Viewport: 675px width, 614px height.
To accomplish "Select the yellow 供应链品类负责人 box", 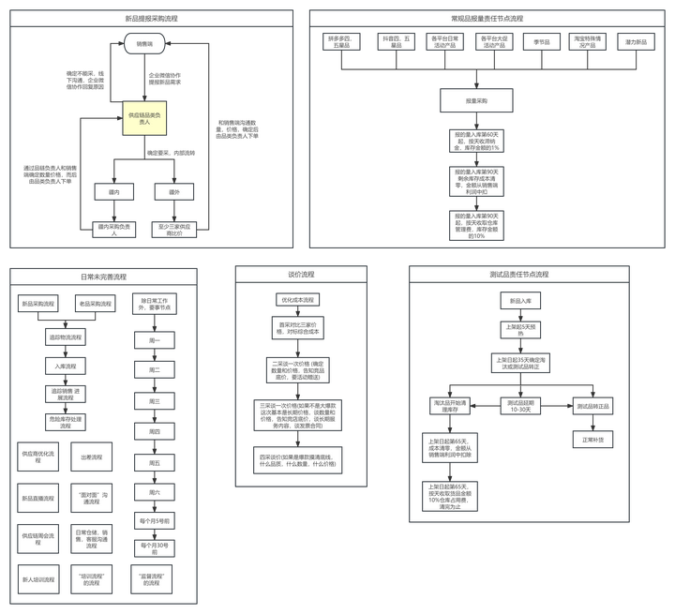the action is pyautogui.click(x=143, y=119).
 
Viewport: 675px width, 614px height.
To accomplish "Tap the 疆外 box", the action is pyautogui.click(x=173, y=191).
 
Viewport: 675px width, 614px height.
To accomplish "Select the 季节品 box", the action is pyautogui.click(x=541, y=42).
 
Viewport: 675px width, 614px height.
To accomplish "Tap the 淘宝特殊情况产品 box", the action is pyautogui.click(x=588, y=42).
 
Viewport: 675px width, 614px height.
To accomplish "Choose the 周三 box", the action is pyautogui.click(x=156, y=401).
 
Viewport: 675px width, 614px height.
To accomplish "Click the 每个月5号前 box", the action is pyautogui.click(x=156, y=521).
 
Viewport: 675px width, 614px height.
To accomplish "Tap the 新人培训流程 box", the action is pyautogui.click(x=38, y=580).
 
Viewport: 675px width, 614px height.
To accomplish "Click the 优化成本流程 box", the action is pyautogui.click(x=296, y=299).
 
